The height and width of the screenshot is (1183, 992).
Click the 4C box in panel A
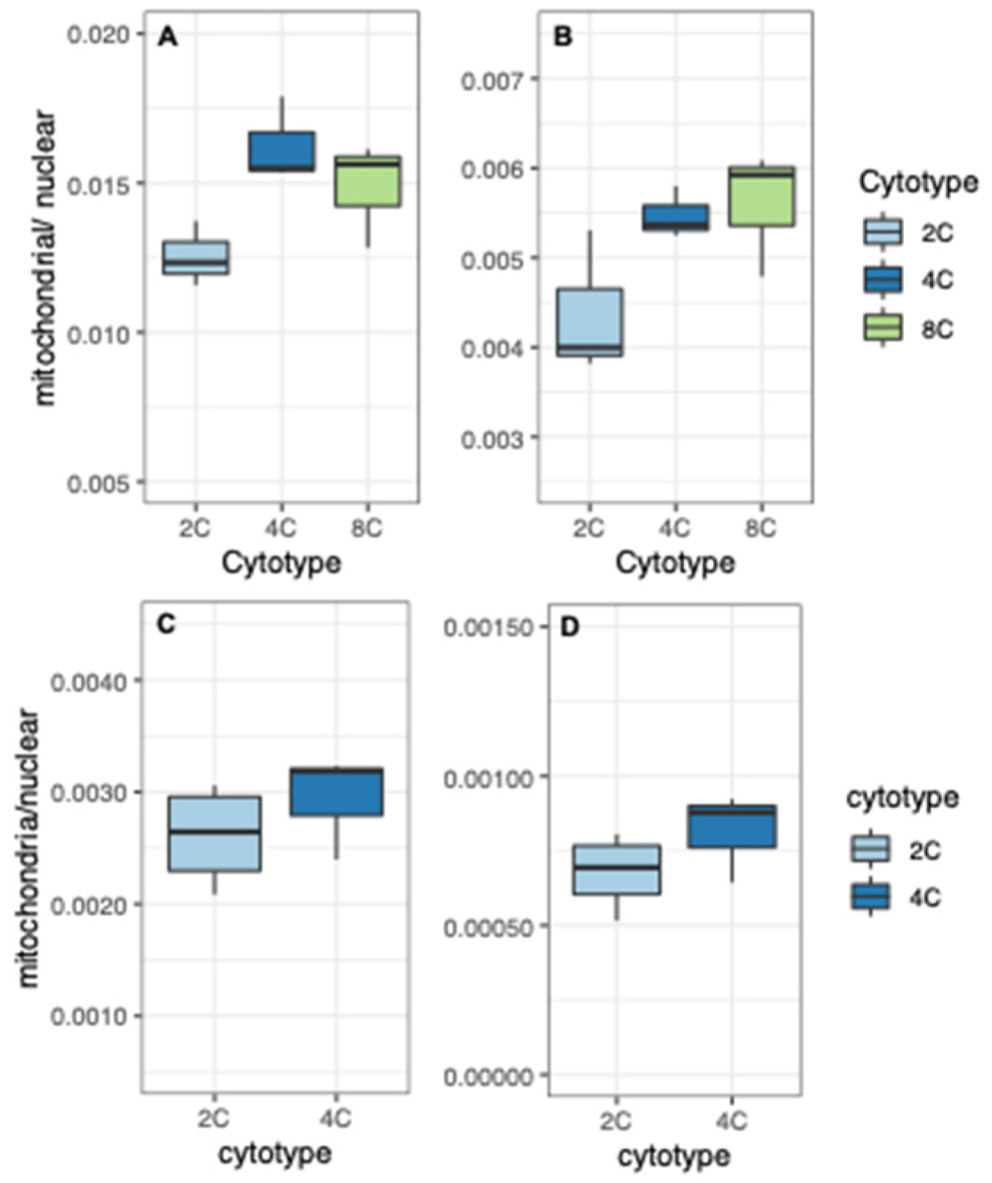point(282,151)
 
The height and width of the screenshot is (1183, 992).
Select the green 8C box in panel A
point(368,181)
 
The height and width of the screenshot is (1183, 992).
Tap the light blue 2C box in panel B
point(590,323)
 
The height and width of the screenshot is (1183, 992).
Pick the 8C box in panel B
point(761,196)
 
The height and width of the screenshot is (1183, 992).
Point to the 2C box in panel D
point(616,869)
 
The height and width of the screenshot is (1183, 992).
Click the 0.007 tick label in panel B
point(493,79)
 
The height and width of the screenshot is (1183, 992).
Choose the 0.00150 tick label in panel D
point(487,627)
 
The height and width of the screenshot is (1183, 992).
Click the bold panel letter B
point(563,37)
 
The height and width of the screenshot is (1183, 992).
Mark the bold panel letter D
point(569,627)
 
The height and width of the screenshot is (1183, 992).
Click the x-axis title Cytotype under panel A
point(281,563)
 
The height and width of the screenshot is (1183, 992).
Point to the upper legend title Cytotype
point(918,182)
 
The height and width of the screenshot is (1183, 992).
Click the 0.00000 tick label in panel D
point(487,1076)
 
